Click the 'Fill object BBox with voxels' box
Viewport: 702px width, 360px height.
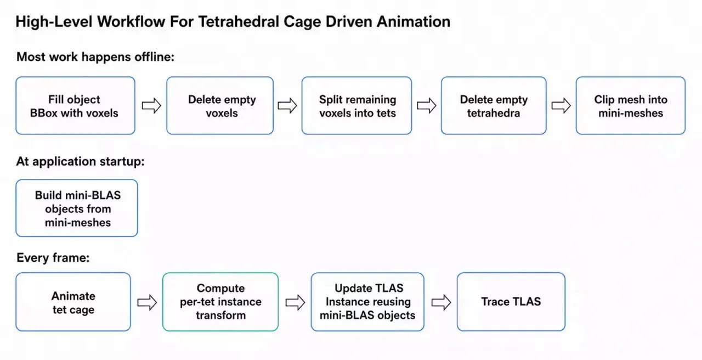[76, 106]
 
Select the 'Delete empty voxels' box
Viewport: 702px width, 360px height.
[220, 106]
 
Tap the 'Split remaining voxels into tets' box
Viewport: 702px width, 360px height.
[356, 106]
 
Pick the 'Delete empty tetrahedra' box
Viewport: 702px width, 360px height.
[494, 106]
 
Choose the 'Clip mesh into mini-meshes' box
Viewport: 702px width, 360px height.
[631, 106]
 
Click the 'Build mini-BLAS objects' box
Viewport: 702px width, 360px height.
[77, 208]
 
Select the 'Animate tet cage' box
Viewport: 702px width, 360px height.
[73, 302]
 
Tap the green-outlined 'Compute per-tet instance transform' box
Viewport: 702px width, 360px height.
[220, 302]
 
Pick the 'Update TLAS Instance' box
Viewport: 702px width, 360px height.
[367, 302]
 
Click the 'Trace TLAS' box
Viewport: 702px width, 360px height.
[511, 302]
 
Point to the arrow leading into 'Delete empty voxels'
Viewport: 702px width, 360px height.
[151, 106]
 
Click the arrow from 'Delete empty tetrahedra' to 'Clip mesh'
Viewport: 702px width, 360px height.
[561, 106]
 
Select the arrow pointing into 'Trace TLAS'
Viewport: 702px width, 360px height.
[441, 302]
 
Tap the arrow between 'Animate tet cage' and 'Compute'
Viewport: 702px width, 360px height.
[147, 302]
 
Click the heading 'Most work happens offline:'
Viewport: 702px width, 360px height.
[95, 57]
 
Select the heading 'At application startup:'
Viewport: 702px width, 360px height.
[81, 161]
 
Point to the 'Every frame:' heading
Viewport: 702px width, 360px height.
[53, 258]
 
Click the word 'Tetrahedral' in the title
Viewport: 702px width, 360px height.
[238, 22]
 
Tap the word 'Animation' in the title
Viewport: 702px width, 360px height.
[414, 22]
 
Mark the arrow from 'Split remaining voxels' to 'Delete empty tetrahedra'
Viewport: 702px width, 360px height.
[427, 106]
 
